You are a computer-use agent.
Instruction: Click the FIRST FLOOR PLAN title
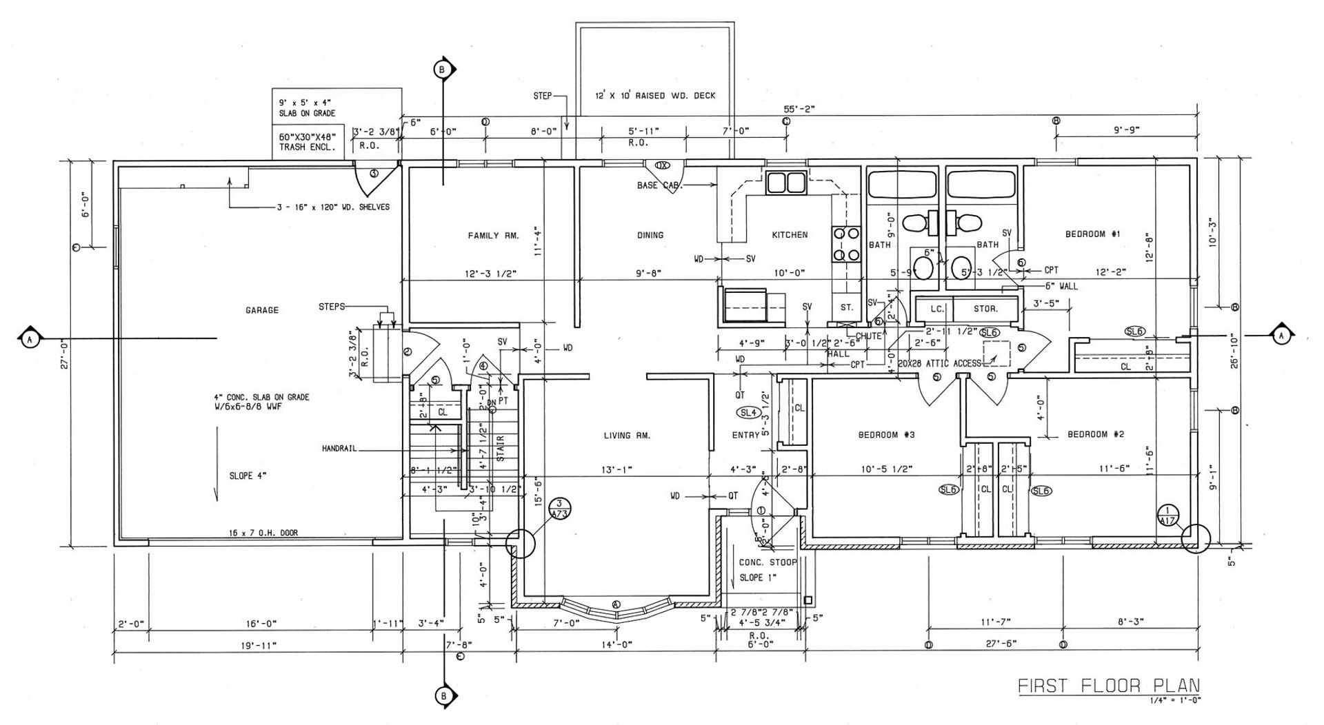pyautogui.click(x=1109, y=686)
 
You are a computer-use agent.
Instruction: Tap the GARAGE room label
pyautogui.click(x=262, y=310)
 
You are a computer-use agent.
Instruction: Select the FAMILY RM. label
pyautogui.click(x=493, y=236)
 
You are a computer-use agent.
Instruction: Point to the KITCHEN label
pyautogui.click(x=790, y=235)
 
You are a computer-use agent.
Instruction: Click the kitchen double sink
pyautogui.click(x=786, y=183)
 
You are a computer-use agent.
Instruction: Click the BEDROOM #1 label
pyautogui.click(x=1093, y=234)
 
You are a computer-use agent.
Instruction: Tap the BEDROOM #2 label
pyautogui.click(x=1096, y=434)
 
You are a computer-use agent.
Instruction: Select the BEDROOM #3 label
pyautogui.click(x=886, y=435)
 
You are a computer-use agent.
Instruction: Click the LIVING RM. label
pyautogui.click(x=627, y=436)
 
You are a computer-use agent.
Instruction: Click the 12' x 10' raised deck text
pyautogui.click(x=655, y=96)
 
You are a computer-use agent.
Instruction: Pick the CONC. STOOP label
pyautogui.click(x=768, y=562)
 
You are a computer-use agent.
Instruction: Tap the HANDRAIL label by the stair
pyautogui.click(x=339, y=449)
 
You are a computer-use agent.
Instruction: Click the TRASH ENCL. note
pyautogui.click(x=307, y=147)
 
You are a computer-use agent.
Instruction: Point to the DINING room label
pyautogui.click(x=650, y=235)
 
